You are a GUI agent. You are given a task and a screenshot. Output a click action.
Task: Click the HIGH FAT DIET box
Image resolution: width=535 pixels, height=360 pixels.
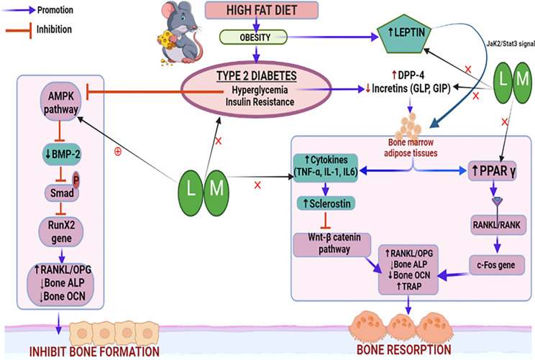(261, 10)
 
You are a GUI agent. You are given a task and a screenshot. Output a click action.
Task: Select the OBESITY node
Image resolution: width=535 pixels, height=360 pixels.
(253, 37)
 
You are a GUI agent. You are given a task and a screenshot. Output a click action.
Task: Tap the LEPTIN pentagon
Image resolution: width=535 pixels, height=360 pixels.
(404, 33)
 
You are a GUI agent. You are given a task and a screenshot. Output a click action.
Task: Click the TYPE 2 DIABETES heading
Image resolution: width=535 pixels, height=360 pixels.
(256, 75)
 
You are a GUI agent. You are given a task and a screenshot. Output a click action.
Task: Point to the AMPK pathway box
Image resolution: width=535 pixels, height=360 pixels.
(60, 101)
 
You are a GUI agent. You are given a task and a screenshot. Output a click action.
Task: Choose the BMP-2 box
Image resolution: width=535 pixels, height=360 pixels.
(63, 154)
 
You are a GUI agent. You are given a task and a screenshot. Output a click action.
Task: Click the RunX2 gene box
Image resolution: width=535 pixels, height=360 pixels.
(61, 232)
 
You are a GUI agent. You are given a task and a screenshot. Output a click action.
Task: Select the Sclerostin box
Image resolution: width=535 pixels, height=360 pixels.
(326, 203)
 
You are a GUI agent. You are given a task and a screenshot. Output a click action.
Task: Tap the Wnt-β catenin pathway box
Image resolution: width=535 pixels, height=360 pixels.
(332, 244)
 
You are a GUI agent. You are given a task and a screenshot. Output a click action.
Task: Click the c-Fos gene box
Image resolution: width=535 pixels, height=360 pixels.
(497, 265)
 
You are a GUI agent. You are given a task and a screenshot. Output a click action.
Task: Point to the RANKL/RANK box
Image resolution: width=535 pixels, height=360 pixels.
(498, 225)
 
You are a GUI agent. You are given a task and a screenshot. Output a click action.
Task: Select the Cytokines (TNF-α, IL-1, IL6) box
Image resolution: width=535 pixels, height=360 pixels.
(326, 167)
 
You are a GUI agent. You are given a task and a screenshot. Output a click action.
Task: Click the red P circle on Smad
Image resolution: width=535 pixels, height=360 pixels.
(76, 180)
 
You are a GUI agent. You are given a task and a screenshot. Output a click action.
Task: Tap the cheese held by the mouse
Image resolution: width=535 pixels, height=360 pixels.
(166, 39)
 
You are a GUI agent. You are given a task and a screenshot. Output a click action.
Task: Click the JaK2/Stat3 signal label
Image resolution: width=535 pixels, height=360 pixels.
(511, 44)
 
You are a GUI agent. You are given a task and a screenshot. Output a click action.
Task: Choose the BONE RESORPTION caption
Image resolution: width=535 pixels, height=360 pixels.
(403, 350)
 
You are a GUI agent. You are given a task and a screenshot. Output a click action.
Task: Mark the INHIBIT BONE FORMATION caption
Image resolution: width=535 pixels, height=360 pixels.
(94, 352)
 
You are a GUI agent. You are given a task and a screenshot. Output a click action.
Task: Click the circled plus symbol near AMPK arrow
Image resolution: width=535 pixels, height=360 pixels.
(118, 152)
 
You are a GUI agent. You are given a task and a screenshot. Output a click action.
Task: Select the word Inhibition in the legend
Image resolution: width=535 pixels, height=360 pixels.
(54, 29)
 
